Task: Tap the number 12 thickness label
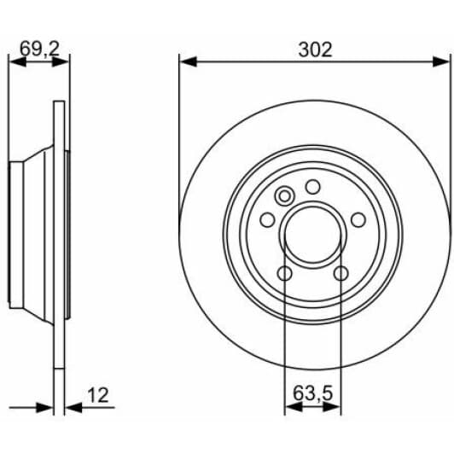[x=99, y=395]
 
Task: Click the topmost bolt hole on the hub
[x=312, y=187]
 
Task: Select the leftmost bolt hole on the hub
[x=268, y=219]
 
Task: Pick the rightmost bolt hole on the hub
[x=358, y=219]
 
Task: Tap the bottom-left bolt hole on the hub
[x=285, y=273]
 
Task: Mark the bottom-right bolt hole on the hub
[x=340, y=273]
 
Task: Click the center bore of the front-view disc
[x=312, y=236]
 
